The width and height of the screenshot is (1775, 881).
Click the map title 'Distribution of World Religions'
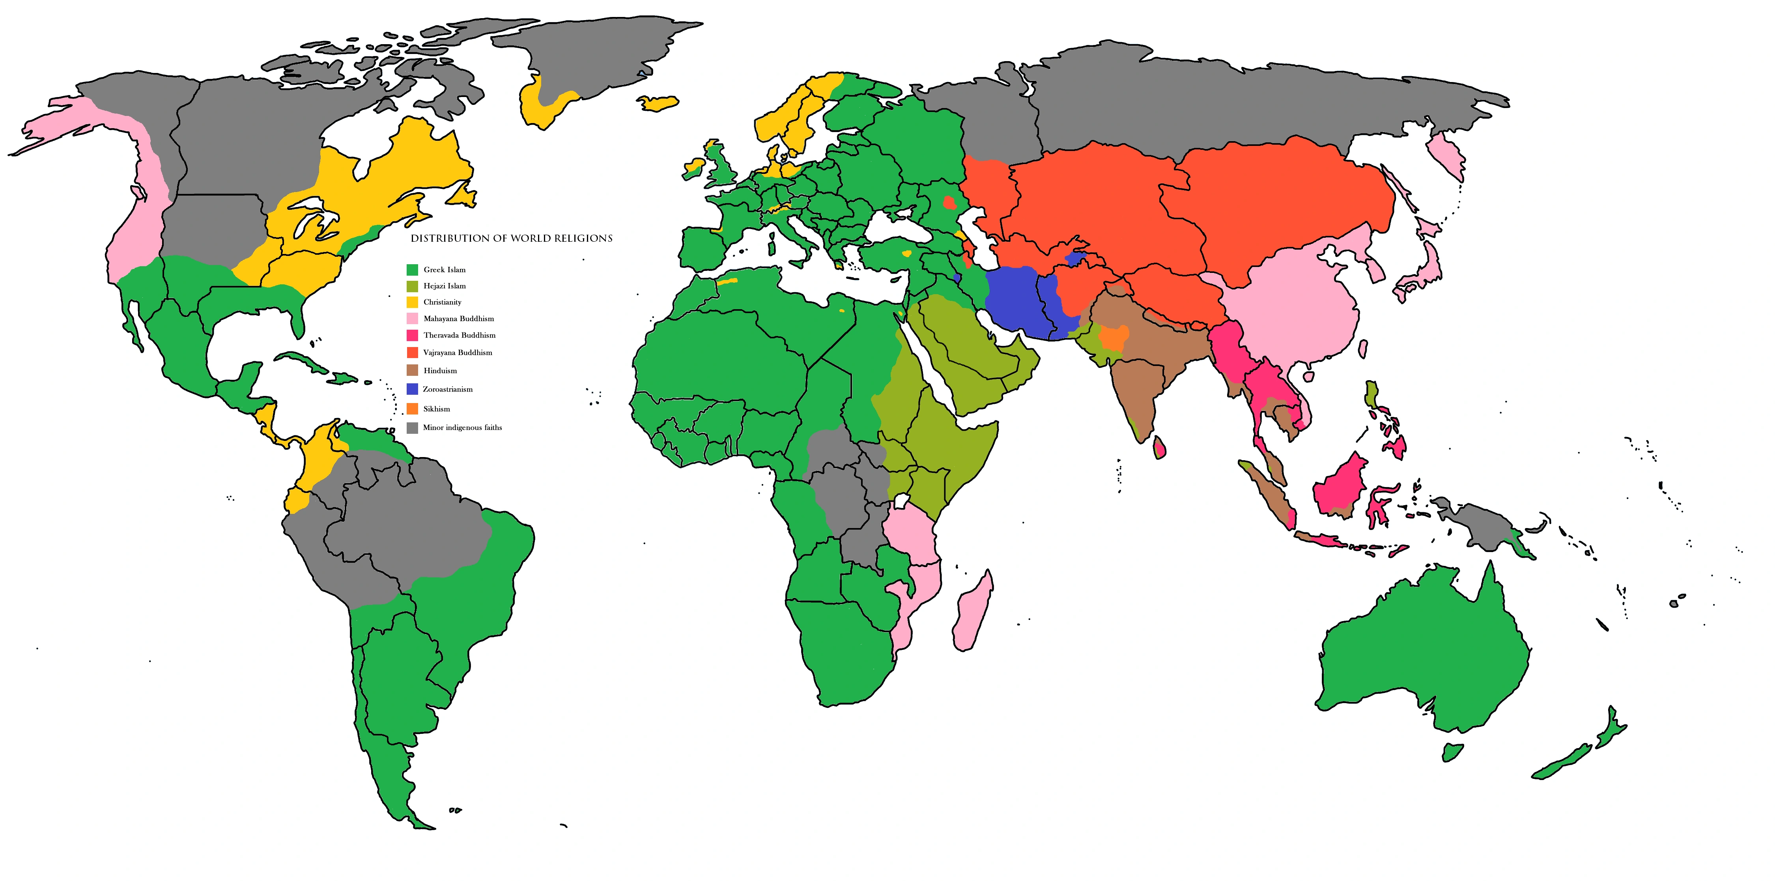(511, 238)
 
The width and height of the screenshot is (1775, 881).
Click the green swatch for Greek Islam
(412, 269)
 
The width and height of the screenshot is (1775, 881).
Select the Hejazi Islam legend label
(445, 286)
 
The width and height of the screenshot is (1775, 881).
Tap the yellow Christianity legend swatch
(412, 302)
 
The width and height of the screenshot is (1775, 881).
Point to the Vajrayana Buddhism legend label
(458, 353)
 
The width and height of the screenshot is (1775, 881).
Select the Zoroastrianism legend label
(447, 389)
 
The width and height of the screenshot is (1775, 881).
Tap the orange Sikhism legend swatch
(412, 409)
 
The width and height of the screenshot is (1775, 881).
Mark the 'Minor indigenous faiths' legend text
(462, 428)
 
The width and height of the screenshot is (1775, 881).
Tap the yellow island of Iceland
(659, 103)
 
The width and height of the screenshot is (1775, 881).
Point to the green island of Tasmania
(1452, 752)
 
